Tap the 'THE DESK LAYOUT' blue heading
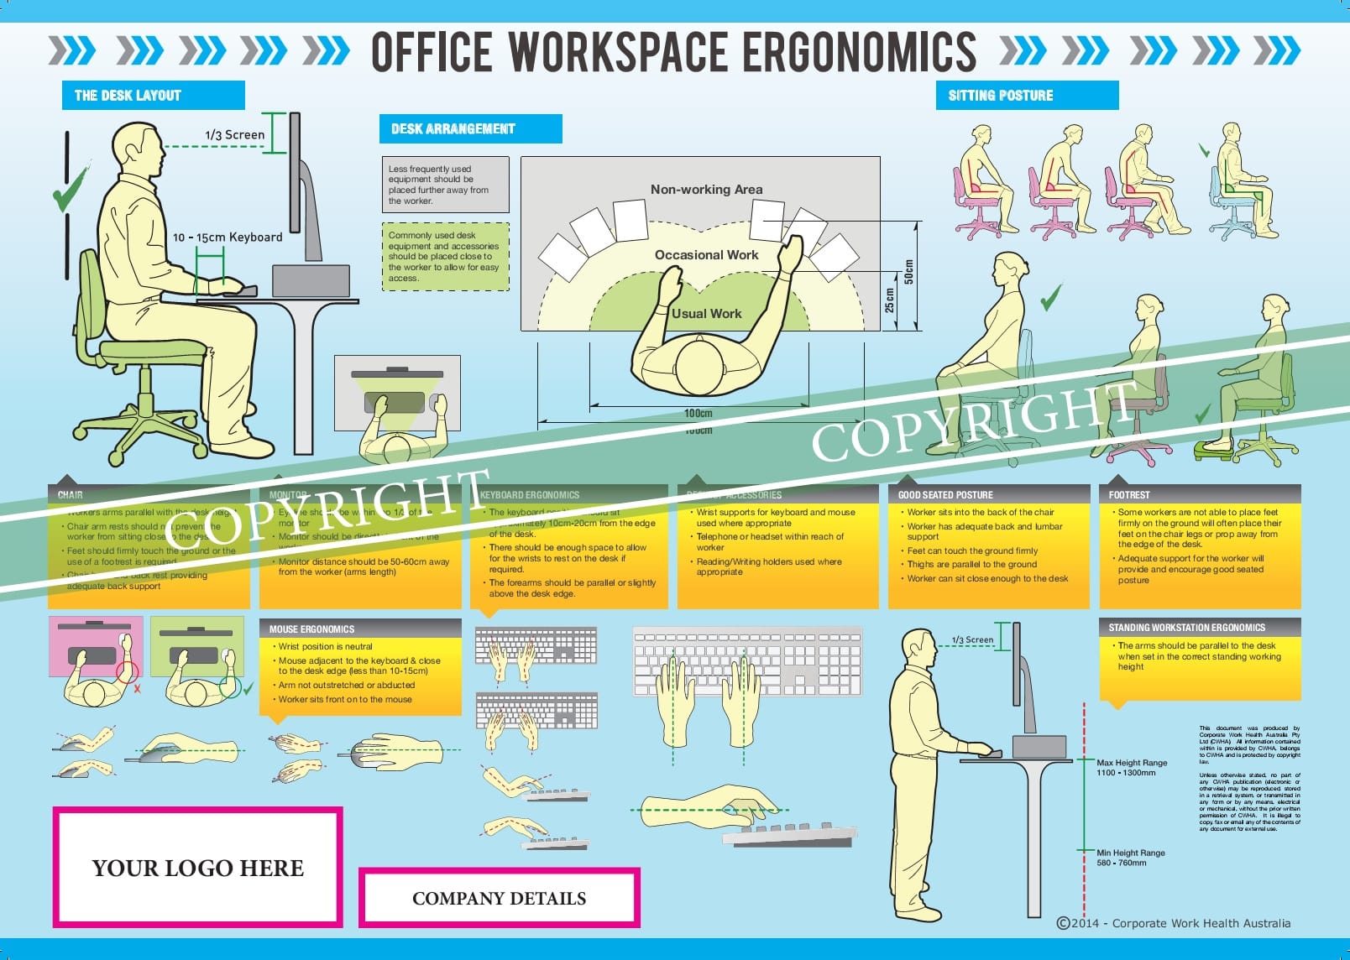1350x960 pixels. click(128, 96)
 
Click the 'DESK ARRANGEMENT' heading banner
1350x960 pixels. click(453, 129)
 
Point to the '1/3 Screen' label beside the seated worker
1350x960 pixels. click(234, 135)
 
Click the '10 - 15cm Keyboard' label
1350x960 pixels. click(228, 237)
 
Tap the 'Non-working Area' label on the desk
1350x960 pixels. click(706, 190)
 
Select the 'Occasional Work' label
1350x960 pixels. click(706, 255)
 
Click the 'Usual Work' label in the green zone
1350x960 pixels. click(707, 314)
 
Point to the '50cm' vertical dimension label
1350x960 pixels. click(908, 272)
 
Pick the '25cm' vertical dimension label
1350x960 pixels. click(890, 300)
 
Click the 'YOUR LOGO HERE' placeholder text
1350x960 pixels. click(198, 869)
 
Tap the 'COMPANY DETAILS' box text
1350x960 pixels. click(499, 899)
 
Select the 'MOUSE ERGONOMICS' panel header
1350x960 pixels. click(311, 629)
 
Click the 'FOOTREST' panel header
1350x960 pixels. click(1129, 495)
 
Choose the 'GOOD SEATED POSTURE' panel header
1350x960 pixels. click(945, 495)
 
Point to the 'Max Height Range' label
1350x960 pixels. click(1132, 763)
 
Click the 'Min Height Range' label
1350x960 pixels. click(1130, 853)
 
